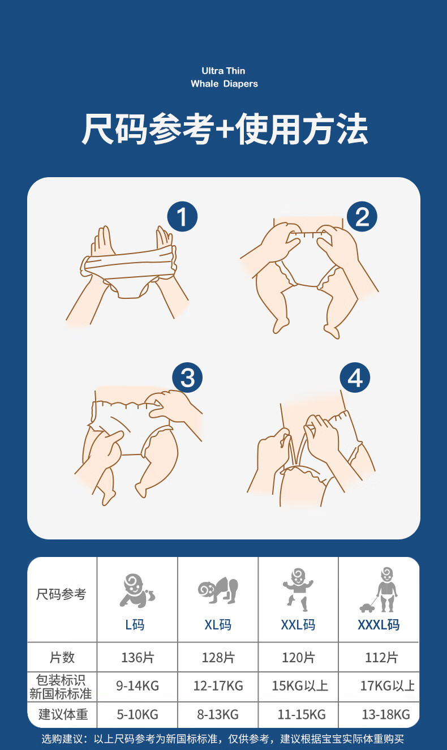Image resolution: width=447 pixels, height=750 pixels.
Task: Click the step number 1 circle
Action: [182, 216]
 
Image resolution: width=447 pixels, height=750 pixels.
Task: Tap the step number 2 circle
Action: [362, 216]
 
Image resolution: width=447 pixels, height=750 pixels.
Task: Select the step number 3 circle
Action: [187, 378]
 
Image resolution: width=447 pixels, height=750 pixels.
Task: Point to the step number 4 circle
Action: [355, 378]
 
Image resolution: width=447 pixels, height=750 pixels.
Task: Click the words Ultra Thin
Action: [223, 71]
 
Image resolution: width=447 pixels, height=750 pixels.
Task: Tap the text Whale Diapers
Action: [224, 84]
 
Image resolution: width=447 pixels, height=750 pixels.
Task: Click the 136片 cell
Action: [137, 658]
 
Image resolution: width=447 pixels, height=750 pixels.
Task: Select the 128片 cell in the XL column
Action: [218, 658]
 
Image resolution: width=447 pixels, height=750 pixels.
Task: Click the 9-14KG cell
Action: [137, 686]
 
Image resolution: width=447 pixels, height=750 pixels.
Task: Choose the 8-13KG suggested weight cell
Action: [218, 714]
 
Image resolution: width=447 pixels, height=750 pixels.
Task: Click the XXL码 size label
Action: [298, 625]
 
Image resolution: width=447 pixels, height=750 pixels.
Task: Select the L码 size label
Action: [135, 625]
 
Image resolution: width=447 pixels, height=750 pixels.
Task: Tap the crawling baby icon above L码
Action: [137, 590]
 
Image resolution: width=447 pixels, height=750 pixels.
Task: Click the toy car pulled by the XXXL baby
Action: [367, 607]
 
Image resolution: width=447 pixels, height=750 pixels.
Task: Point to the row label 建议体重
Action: [63, 714]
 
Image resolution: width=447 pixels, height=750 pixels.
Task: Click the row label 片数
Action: [62, 658]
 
